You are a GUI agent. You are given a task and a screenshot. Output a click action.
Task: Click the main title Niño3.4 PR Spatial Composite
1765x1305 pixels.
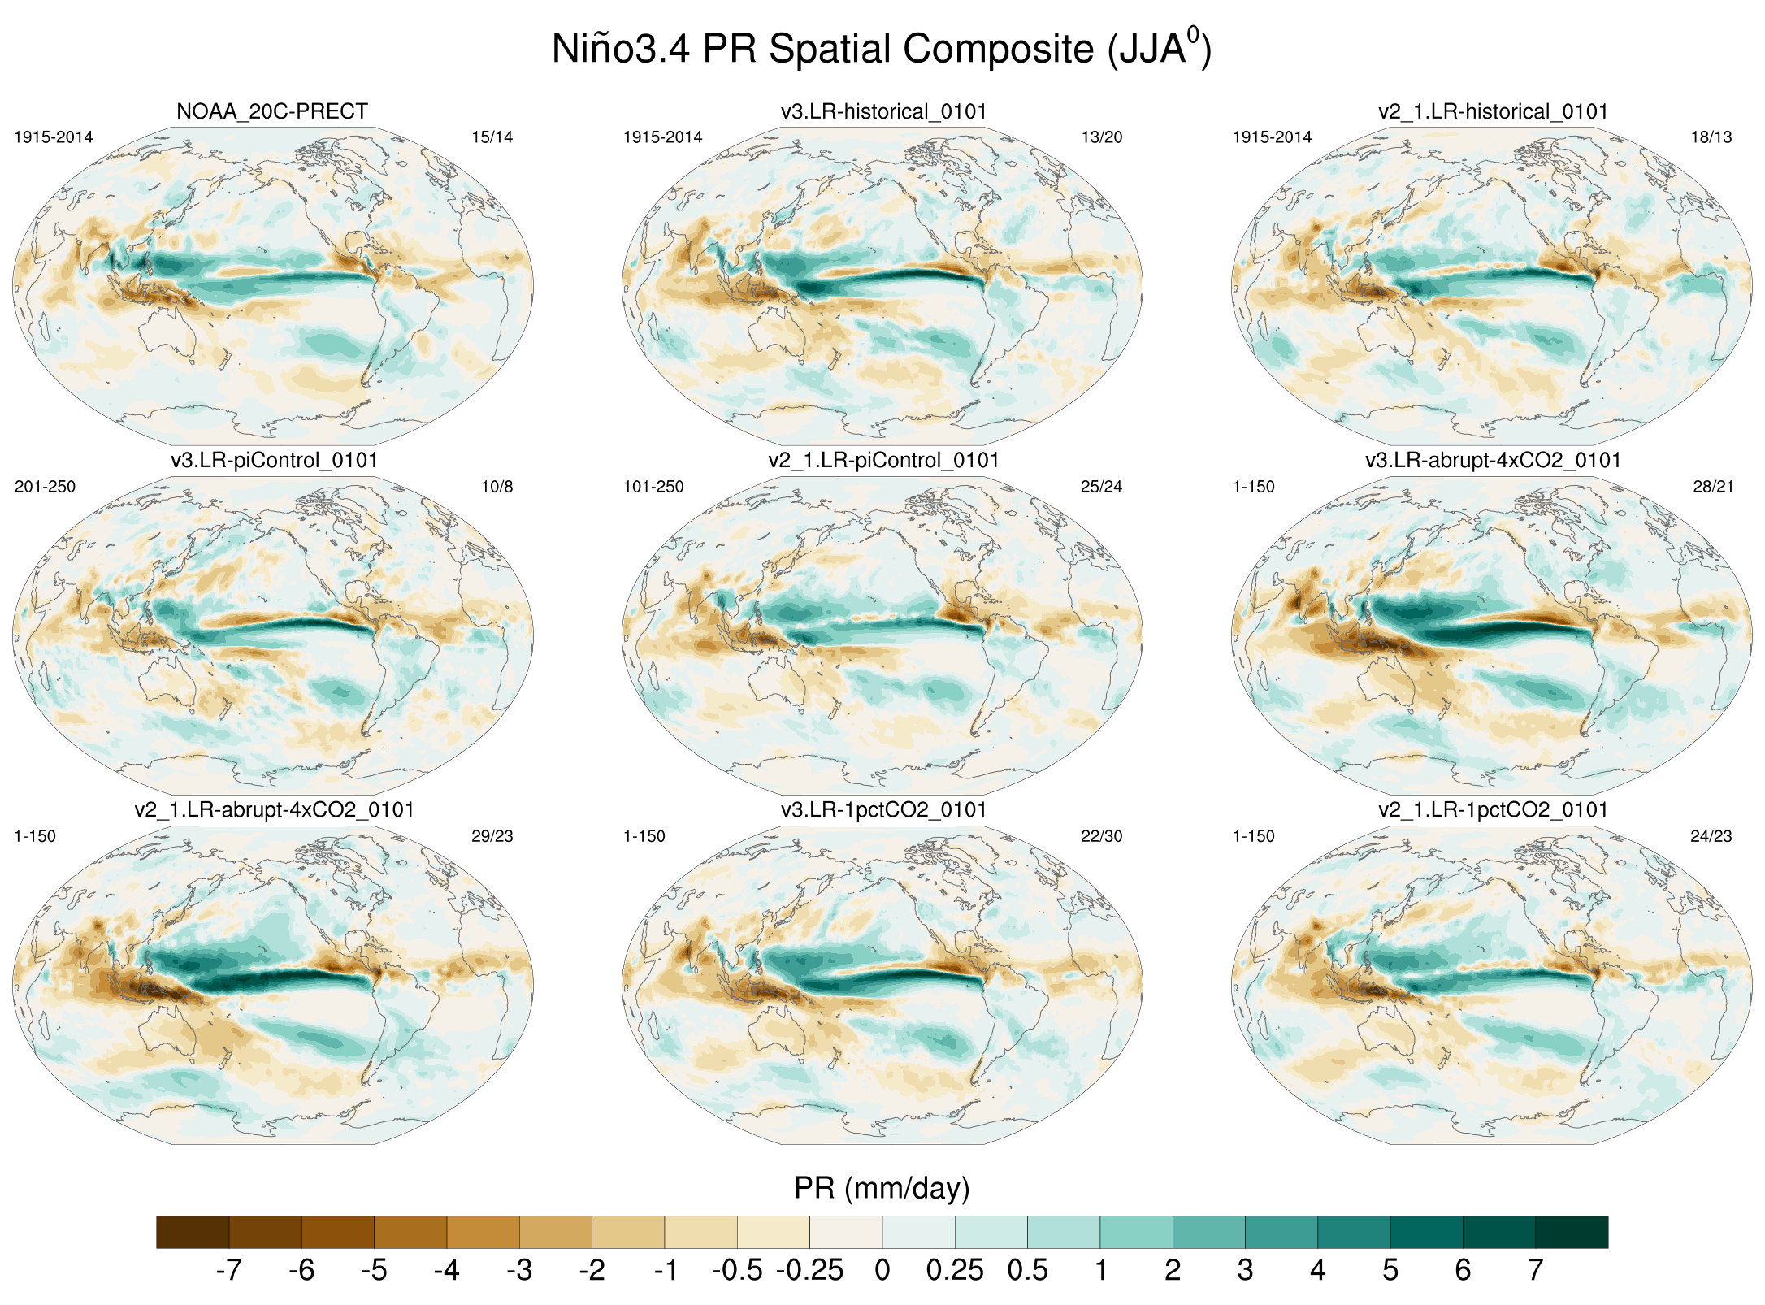[x=881, y=49]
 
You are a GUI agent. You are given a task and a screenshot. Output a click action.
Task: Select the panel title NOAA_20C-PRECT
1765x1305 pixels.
[x=272, y=112]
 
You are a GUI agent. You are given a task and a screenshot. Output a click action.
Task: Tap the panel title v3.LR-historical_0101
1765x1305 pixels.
[x=883, y=112]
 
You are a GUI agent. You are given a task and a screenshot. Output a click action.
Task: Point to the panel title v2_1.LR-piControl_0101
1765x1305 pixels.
[x=883, y=461]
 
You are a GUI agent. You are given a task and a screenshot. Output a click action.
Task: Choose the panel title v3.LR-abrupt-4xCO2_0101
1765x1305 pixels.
[x=1493, y=461]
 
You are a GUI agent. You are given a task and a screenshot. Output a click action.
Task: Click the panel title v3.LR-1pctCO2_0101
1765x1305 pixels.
[x=883, y=810]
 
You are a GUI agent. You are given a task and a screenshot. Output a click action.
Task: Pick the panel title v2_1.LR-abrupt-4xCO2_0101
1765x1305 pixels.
[x=274, y=810]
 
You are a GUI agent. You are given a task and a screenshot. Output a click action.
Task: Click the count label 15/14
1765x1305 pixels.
[x=492, y=137]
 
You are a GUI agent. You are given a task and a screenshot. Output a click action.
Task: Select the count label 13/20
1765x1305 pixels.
[x=1102, y=137]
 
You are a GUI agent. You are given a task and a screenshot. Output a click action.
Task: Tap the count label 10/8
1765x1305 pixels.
[x=497, y=487]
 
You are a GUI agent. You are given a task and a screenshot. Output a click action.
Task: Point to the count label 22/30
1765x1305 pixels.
[x=1102, y=836]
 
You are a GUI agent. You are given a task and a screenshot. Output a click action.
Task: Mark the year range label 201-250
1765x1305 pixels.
[x=45, y=487]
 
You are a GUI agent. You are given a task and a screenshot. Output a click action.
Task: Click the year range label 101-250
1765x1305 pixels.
[x=653, y=487]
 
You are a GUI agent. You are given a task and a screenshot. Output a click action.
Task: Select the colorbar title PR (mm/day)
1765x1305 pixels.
[x=882, y=1188]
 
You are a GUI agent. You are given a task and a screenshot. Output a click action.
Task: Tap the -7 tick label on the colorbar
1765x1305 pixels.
[x=228, y=1270]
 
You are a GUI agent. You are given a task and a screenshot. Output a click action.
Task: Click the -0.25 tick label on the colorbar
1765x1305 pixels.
[x=809, y=1270]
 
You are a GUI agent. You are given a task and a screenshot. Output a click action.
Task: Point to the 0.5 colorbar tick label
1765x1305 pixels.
[x=1027, y=1270]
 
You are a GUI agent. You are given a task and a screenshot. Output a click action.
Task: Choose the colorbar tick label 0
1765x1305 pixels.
[x=882, y=1270]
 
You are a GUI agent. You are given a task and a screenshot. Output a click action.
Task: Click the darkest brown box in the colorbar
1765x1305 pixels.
[x=193, y=1232]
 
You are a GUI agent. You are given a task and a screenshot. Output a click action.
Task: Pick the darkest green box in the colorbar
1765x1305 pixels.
[x=1572, y=1232]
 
